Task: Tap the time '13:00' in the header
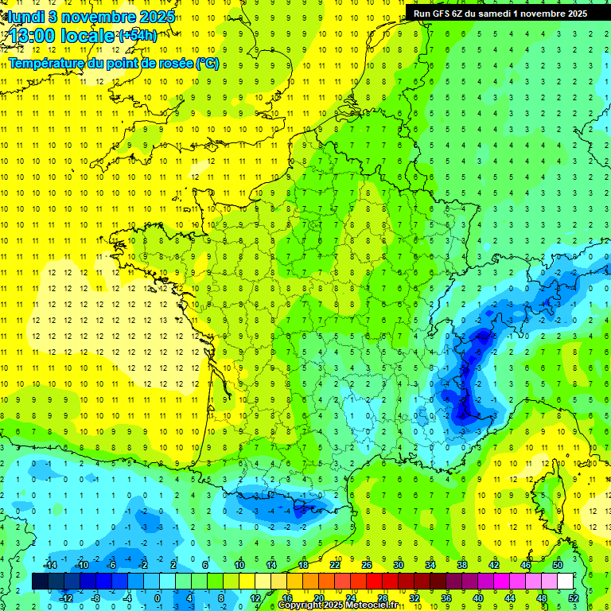click(x=33, y=36)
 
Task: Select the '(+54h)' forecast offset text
click(x=137, y=36)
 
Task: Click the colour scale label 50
click(x=558, y=565)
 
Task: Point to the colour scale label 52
click(x=573, y=597)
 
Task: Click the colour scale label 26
click(x=367, y=565)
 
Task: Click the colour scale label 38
click(x=461, y=565)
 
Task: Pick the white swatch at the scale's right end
click(x=565, y=582)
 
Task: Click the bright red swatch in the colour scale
click(x=375, y=582)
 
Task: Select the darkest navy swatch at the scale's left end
click(x=41, y=582)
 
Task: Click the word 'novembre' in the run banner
click(x=549, y=14)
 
